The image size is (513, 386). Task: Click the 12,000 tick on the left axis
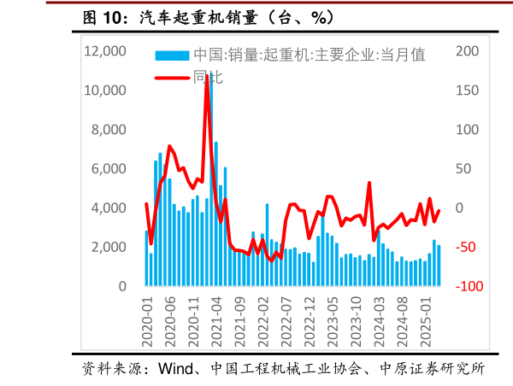tap(105, 51)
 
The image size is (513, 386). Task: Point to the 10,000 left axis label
tap(105, 91)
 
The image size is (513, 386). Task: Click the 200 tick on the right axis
tap(467, 51)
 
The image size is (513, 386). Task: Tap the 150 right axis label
tap(467, 91)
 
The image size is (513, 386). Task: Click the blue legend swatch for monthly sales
tap(171, 56)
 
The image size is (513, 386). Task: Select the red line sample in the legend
tap(171, 77)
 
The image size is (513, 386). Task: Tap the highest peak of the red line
tap(207, 76)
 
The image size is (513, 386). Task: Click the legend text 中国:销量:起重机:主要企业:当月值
tap(309, 56)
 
